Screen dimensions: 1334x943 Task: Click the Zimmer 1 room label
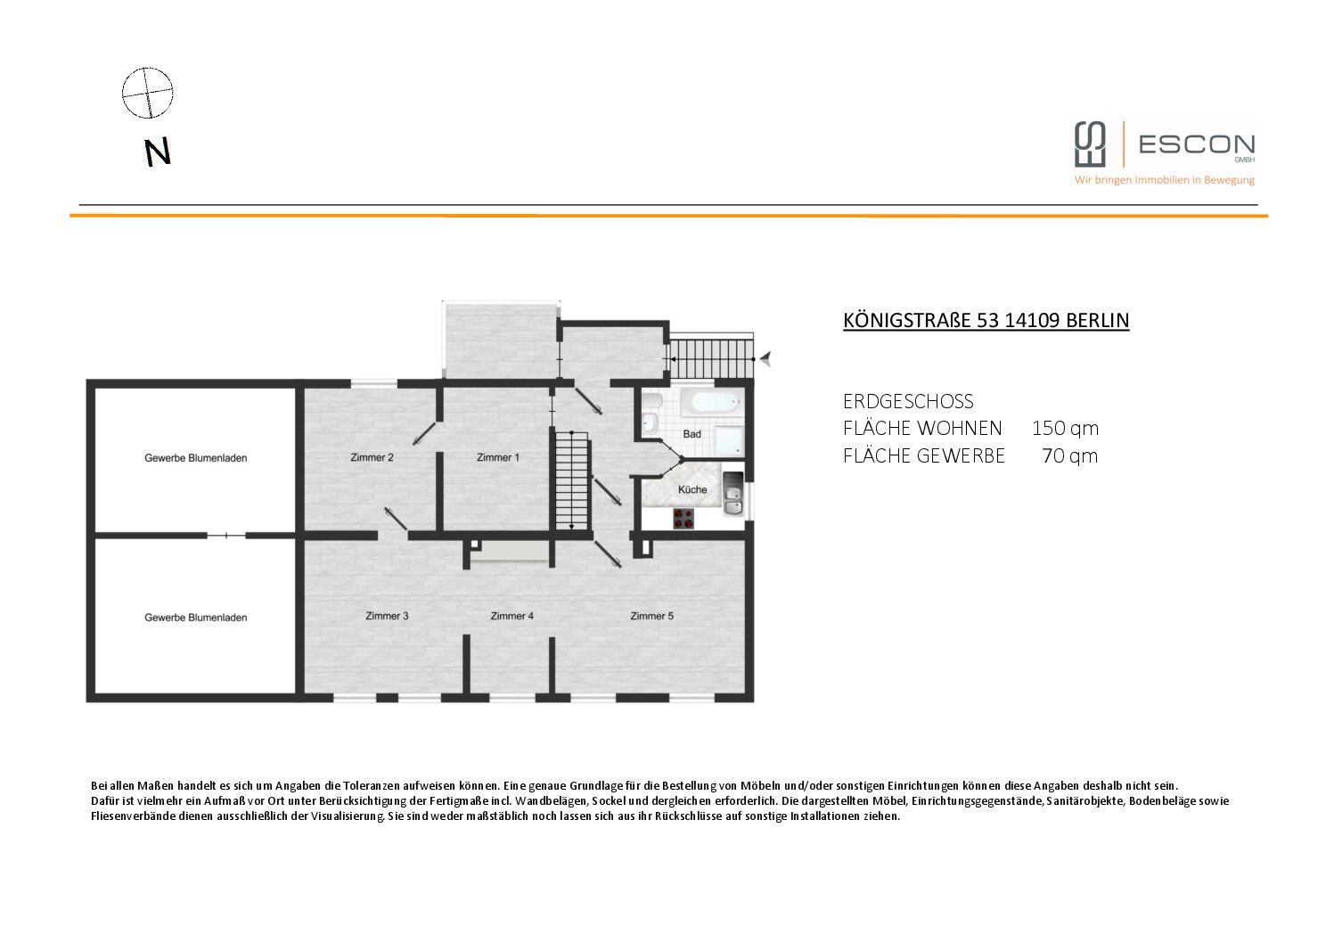click(x=498, y=457)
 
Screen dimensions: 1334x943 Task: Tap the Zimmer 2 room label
click(x=372, y=457)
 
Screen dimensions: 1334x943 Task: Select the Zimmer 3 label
click(x=387, y=616)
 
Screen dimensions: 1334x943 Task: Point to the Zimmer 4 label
click(x=512, y=616)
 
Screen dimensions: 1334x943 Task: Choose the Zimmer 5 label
click(x=652, y=616)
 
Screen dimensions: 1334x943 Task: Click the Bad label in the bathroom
click(x=692, y=434)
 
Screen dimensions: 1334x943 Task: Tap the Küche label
click(x=692, y=489)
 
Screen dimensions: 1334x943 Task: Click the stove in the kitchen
click(x=683, y=518)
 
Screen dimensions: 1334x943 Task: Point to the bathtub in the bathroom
click(x=712, y=403)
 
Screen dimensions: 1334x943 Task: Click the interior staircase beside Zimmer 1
click(x=572, y=480)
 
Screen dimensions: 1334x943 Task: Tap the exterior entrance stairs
click(x=712, y=359)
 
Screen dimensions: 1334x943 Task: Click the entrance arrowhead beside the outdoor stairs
click(x=766, y=359)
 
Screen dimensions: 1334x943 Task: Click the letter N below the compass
click(x=158, y=152)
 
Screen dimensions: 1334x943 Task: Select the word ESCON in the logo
click(x=1197, y=144)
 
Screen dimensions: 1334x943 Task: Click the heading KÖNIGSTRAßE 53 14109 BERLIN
click(x=986, y=321)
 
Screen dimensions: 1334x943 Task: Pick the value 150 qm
click(x=1066, y=429)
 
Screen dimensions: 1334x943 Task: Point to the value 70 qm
click(x=1070, y=455)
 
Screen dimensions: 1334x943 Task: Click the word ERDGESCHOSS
click(x=908, y=401)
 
